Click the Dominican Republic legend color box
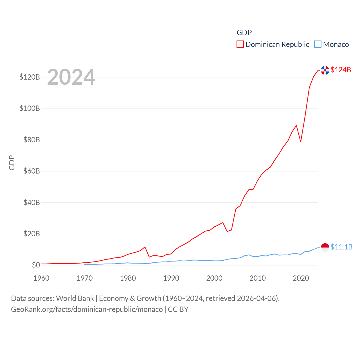[240, 44]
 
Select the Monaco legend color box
[318, 44]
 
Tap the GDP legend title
[244, 33]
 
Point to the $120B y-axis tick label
[30, 77]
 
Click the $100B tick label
[30, 108]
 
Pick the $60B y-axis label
[31, 171]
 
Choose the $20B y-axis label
[31, 234]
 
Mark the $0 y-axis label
[36, 265]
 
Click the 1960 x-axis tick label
[41, 278]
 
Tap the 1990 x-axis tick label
[171, 278]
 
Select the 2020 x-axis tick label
[301, 278]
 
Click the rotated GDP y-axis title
[12, 163]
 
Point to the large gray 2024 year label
[71, 77]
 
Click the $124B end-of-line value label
[341, 70]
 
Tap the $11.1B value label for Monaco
[341, 247]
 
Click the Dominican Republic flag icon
[325, 70]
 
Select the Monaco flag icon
[325, 247]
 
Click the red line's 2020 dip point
[301, 141]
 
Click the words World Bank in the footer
[75, 298]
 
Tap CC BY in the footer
[178, 309]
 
